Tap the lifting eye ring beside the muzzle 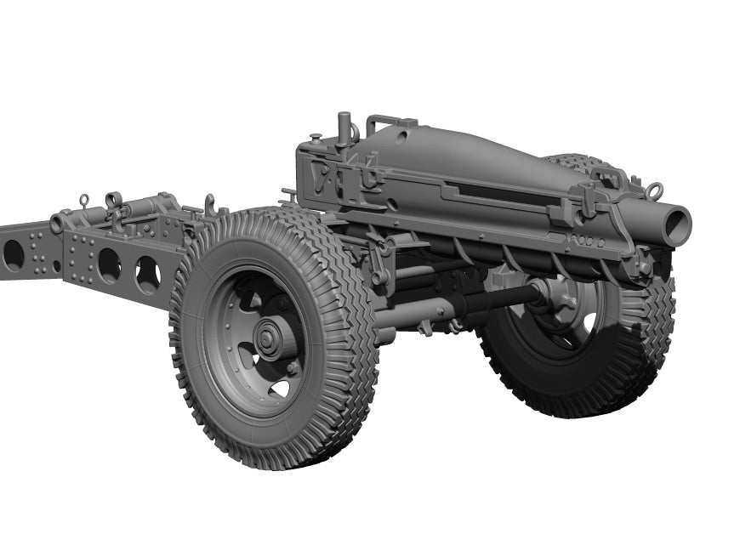click(x=653, y=190)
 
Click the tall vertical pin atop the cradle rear click(x=344, y=127)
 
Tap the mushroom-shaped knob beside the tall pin click(x=316, y=138)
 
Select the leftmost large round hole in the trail click(x=14, y=253)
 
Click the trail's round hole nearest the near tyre click(x=146, y=274)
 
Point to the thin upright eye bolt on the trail click(x=84, y=202)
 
